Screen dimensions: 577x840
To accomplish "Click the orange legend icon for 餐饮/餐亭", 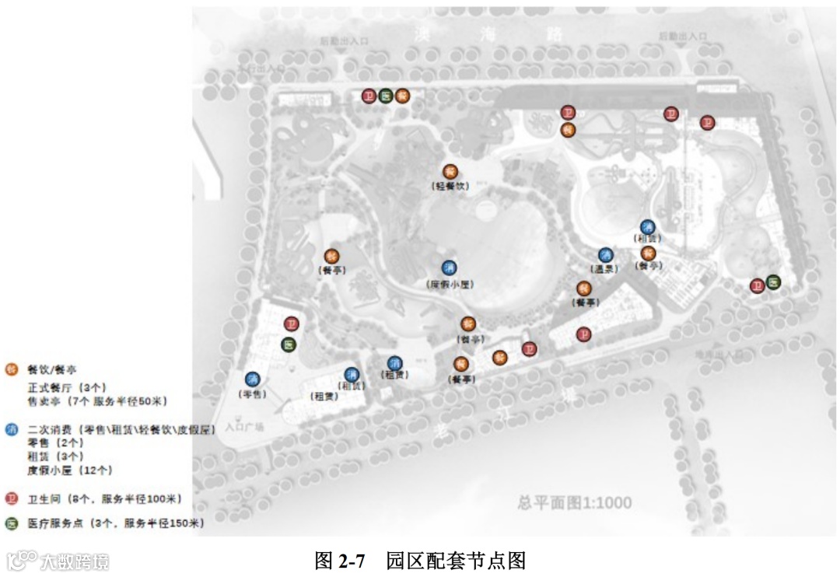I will tap(11, 369).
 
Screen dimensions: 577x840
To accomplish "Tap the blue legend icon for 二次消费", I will tap(11, 428).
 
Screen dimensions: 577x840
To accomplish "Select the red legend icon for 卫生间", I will tap(11, 498).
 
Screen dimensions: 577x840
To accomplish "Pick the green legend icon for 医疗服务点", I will tap(11, 523).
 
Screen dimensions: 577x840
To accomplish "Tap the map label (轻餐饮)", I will tap(450, 187).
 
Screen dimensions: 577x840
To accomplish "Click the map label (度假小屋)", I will tap(450, 285).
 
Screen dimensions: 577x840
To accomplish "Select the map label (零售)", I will tap(252, 394).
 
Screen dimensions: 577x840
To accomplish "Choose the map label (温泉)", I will tap(606, 269).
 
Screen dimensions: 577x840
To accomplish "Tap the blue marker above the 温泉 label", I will tap(606, 254).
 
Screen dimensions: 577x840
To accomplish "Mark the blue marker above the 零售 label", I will tap(252, 379).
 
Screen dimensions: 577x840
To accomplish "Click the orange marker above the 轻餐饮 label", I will tap(450, 171).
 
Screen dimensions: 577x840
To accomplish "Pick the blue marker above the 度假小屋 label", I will tap(450, 268).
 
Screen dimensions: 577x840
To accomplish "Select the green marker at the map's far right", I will tap(773, 282).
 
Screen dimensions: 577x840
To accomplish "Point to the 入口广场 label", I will tap(244, 427).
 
